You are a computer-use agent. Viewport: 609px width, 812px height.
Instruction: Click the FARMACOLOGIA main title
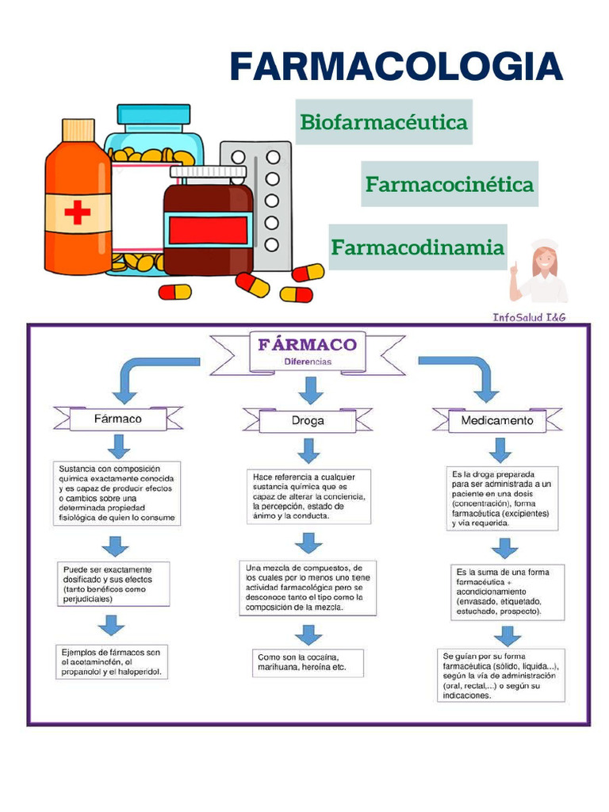[396, 67]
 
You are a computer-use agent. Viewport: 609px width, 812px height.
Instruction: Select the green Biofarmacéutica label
[384, 122]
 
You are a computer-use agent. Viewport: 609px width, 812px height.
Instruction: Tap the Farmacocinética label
[450, 184]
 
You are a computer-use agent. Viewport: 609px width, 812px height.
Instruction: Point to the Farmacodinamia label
[417, 247]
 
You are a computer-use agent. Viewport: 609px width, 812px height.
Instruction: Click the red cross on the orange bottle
[78, 213]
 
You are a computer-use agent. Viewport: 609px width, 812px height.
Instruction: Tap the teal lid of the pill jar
[153, 115]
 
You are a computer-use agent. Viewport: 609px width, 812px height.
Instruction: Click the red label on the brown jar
[209, 231]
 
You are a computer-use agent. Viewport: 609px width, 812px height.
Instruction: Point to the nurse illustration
[539, 271]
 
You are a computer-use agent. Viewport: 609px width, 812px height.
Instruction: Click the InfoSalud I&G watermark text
[529, 317]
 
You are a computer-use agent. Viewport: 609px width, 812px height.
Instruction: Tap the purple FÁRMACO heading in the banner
[308, 344]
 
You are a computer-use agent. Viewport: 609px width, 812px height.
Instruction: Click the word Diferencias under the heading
[308, 362]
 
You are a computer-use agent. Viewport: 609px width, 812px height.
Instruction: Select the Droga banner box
[308, 420]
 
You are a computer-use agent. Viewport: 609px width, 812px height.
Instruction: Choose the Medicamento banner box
[497, 420]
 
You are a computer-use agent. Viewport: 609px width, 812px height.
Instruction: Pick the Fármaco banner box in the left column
[118, 419]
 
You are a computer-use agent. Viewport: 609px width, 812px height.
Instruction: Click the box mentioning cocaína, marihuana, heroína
[308, 662]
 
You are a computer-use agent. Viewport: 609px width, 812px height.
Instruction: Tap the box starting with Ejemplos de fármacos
[112, 662]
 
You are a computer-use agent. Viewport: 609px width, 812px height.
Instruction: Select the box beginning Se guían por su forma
[501, 676]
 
